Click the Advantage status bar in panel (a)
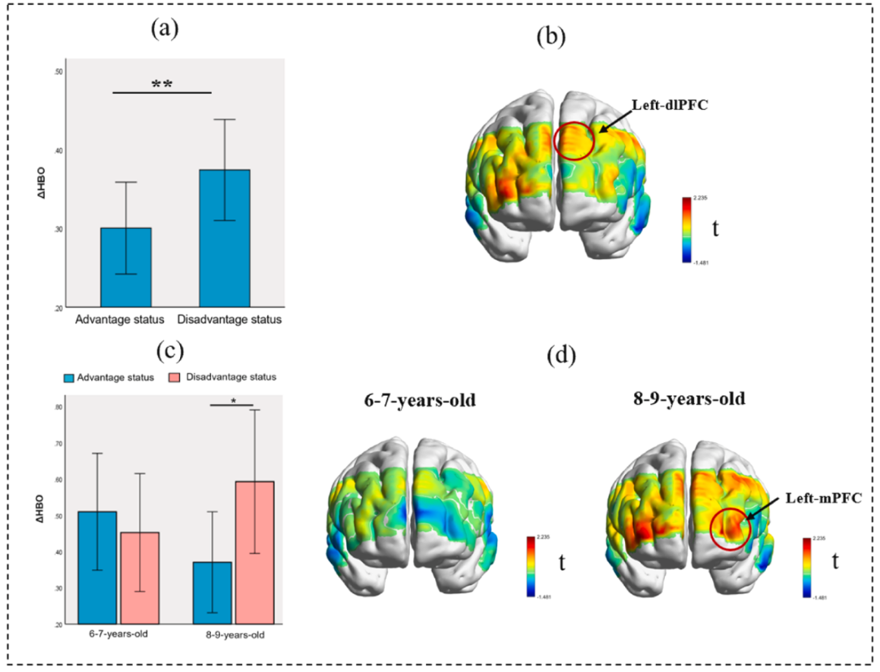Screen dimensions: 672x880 (125, 266)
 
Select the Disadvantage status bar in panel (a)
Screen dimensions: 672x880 (224, 237)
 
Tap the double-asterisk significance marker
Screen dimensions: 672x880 (161, 84)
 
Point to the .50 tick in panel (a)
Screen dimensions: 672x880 (58, 72)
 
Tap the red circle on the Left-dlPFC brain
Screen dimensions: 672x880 (574, 140)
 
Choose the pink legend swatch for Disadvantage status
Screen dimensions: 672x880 (174, 377)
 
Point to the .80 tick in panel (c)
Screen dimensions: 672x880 (58, 407)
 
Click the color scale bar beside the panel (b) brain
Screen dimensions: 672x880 (688, 231)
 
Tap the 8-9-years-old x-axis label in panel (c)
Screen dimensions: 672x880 (233, 634)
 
